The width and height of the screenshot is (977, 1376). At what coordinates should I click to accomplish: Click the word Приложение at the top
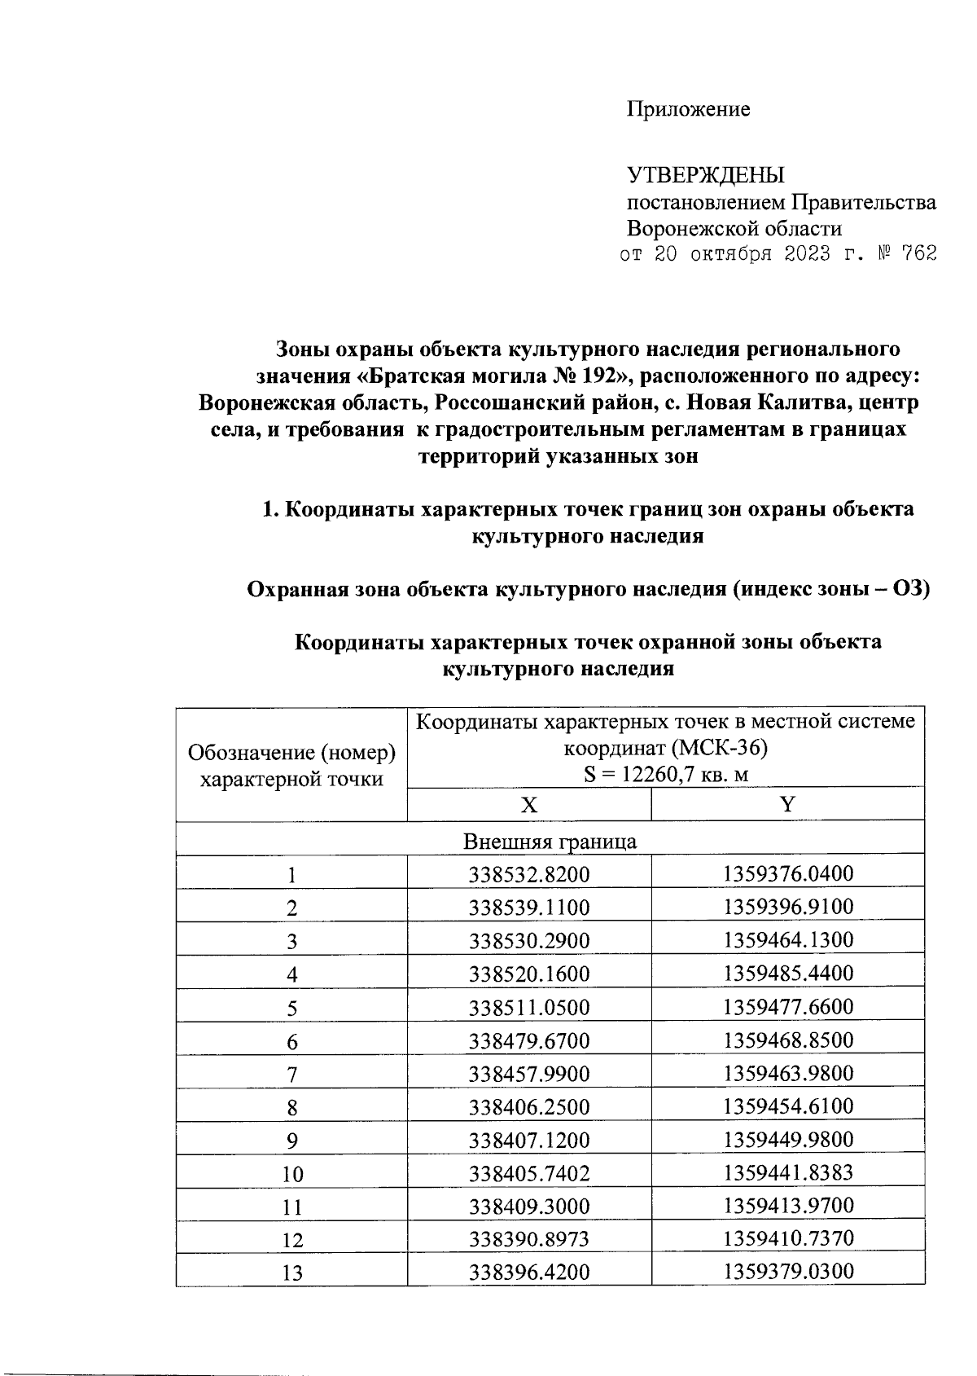point(688,109)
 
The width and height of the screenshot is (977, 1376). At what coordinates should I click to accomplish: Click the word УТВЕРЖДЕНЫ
point(705,175)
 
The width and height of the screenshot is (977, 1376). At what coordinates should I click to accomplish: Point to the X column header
point(528,805)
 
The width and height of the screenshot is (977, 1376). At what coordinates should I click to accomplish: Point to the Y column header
point(787,805)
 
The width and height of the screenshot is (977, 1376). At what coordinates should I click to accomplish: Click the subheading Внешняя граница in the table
point(550,841)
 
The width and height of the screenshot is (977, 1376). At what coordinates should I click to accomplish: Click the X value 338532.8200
point(528,875)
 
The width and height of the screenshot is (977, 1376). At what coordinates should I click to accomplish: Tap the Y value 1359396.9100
point(787,908)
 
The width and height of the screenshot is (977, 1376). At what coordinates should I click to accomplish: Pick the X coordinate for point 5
point(528,1008)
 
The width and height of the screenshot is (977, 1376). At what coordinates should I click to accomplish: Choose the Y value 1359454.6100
point(787,1107)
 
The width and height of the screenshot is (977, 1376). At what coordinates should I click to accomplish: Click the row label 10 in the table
point(291,1174)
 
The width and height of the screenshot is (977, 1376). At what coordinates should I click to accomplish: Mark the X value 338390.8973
point(528,1240)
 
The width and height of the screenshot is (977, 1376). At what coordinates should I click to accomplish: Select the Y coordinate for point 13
point(787,1273)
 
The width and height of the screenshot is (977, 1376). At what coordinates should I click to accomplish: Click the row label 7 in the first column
point(291,1075)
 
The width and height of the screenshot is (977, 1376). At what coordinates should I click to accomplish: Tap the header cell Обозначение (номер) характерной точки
point(291,765)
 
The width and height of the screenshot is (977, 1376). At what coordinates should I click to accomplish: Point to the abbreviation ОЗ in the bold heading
point(910,589)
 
